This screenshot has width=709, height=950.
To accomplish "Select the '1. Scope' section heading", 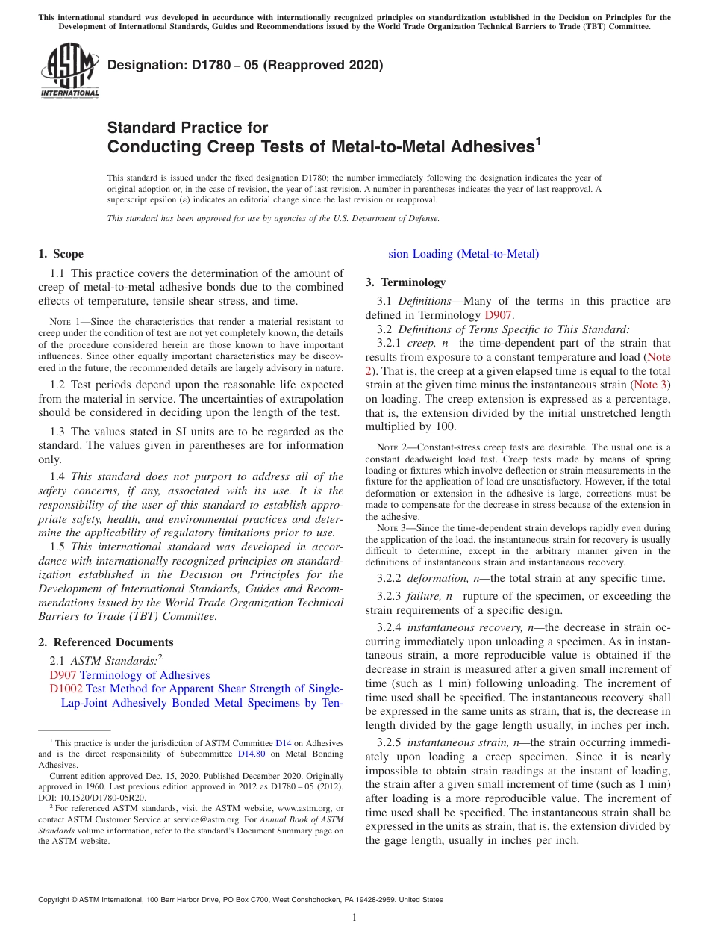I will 61,254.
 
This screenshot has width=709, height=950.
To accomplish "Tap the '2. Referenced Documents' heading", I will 106,642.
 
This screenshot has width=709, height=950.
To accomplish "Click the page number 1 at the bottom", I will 354,918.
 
